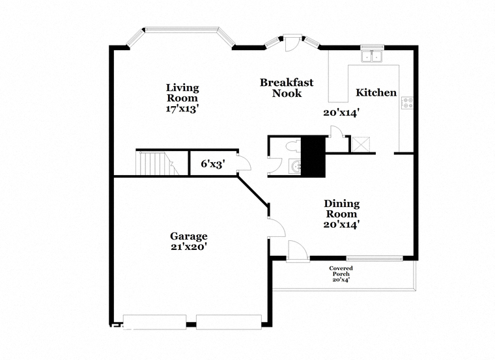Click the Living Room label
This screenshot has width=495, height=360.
pos(182,92)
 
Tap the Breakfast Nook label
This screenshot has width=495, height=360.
pos(287,88)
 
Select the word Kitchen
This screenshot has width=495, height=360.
pos(376,92)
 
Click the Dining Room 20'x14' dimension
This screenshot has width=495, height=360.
pos(341,225)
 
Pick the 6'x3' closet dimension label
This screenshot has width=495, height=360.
pos(213,164)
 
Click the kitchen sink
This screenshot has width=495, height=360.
pos(372,55)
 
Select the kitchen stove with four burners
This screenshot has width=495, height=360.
pos(407,103)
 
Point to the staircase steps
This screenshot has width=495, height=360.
pos(157,163)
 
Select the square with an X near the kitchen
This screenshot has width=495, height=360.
pos(361,145)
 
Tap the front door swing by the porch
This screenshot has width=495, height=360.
pos(298,251)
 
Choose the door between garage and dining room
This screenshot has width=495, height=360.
pos(277,227)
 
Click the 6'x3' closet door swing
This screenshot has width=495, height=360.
pos(244,163)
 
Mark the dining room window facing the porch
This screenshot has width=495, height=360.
pos(375,258)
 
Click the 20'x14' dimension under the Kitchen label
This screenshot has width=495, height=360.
pos(341,113)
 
